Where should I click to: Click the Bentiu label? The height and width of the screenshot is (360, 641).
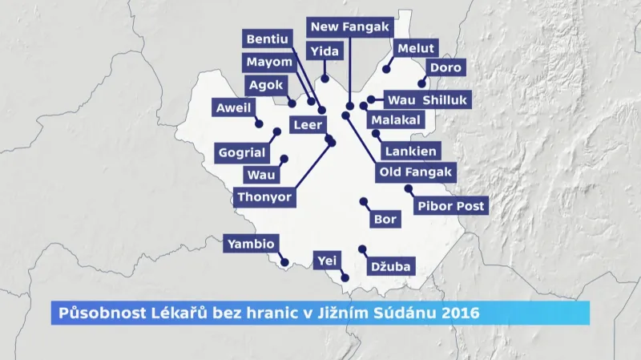pyautogui.click(x=268, y=39)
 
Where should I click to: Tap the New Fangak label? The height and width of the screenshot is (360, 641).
pyautogui.click(x=349, y=26)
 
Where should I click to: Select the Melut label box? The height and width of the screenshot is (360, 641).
pyautogui.click(x=415, y=49)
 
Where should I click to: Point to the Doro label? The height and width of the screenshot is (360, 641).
pyautogui.click(x=445, y=68)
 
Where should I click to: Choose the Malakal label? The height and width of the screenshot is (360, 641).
pyautogui.click(x=395, y=119)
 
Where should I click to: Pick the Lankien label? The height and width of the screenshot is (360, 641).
pyautogui.click(x=410, y=151)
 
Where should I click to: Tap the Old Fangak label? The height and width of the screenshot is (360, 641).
pyautogui.click(x=415, y=172)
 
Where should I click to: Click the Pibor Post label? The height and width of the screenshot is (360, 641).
pyautogui.click(x=451, y=206)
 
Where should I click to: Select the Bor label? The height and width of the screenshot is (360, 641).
pyautogui.click(x=385, y=219)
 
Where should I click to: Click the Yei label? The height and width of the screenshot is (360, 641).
pyautogui.click(x=325, y=261)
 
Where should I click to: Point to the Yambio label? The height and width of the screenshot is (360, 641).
pyautogui.click(x=251, y=244)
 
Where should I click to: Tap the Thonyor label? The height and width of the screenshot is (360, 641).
pyautogui.click(x=264, y=196)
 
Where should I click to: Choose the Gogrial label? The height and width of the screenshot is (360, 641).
pyautogui.click(x=240, y=152)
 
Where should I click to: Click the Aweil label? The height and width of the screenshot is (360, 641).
pyautogui.click(x=233, y=107)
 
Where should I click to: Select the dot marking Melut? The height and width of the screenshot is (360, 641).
pyautogui.click(x=386, y=69)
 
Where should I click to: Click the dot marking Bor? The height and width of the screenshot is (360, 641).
pyautogui.click(x=363, y=201)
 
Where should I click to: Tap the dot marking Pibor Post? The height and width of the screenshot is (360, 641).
pyautogui.click(x=408, y=188)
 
